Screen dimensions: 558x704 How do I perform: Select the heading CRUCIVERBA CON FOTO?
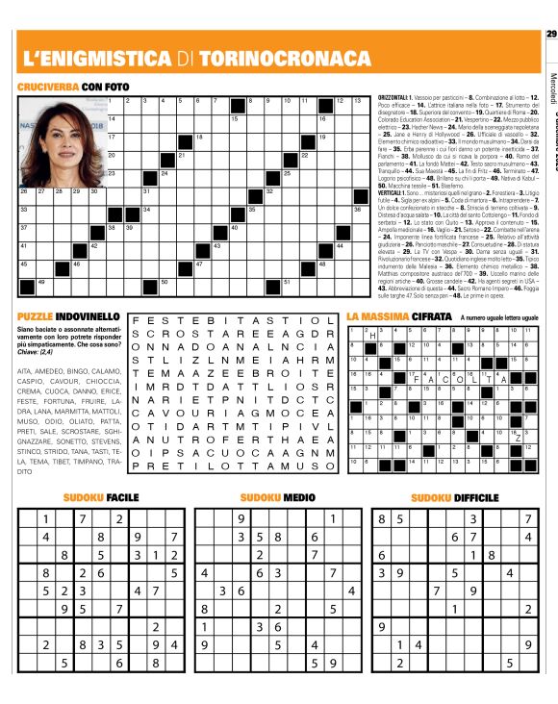coord(72,88)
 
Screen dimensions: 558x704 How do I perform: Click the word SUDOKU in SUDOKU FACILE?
coord(84,497)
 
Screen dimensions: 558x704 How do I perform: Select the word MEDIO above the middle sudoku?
coord(299,497)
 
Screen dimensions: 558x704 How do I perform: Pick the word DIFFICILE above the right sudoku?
coord(477,497)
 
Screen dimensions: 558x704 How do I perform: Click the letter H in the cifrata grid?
coord(371,363)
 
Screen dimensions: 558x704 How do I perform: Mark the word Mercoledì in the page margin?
coord(551,87)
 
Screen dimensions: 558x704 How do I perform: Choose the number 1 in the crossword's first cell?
coord(117,99)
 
